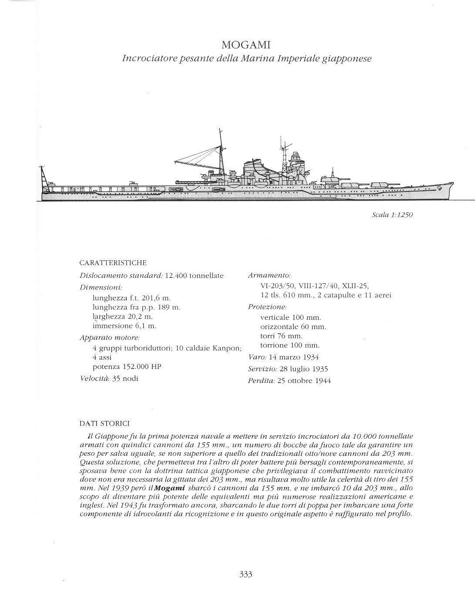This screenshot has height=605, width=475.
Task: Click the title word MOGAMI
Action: pos(246,45)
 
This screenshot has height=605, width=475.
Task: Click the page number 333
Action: pos(246,574)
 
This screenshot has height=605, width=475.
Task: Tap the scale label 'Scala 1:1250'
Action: pos(392,215)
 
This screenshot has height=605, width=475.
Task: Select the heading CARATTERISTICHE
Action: pos(113,263)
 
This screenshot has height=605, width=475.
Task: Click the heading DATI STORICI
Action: pos(104,423)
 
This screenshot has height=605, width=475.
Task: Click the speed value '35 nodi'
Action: pos(125,378)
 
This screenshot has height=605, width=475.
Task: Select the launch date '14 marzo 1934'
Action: pos(293,357)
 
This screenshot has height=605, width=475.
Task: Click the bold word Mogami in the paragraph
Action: pos(170,488)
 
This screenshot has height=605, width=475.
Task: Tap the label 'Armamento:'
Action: pos(269,276)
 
